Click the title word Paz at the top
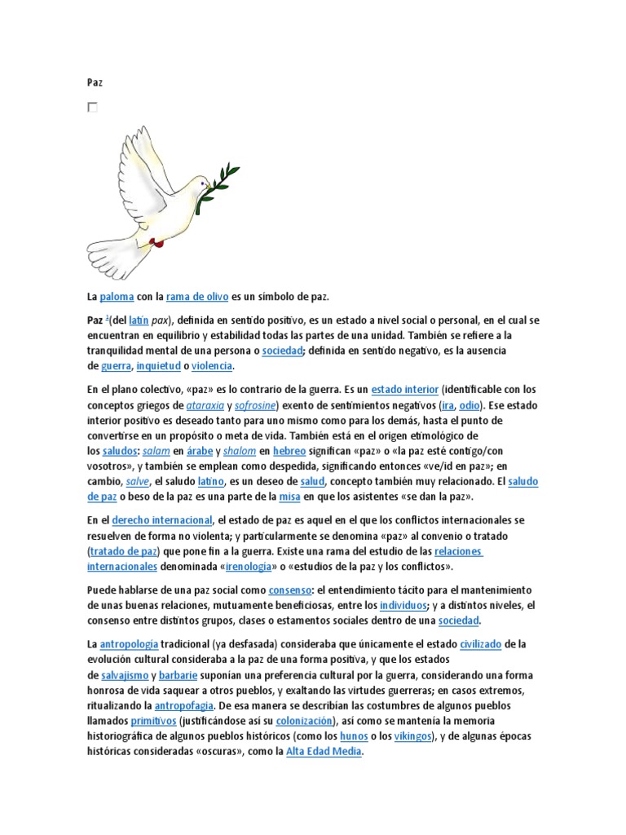point(95,82)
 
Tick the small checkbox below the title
point(92,107)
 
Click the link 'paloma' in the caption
point(117,298)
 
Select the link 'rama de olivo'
point(196,298)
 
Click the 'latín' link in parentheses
point(139,320)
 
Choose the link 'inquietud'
point(159,367)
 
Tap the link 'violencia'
point(212,367)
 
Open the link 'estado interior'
point(405,390)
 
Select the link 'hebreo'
point(289,451)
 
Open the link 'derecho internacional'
point(161,520)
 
